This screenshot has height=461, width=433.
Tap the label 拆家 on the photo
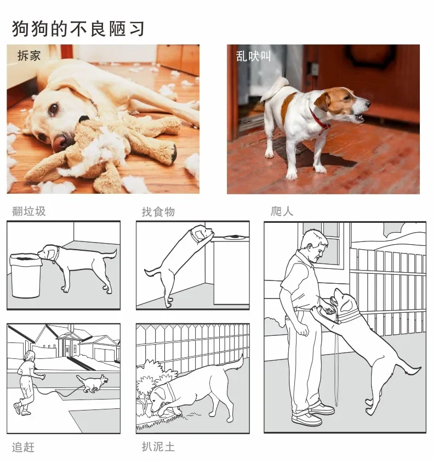click(29, 56)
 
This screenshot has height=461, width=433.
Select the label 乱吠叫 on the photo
click(253, 56)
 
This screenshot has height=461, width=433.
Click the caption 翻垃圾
click(29, 211)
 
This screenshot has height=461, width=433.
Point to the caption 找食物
click(158, 211)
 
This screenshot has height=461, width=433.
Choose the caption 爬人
click(282, 211)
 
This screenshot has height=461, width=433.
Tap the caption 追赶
click(23, 447)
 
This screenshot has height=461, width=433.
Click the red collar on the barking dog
click(319, 120)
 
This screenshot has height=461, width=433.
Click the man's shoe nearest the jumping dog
click(322, 409)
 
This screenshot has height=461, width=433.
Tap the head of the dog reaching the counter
click(201, 233)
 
